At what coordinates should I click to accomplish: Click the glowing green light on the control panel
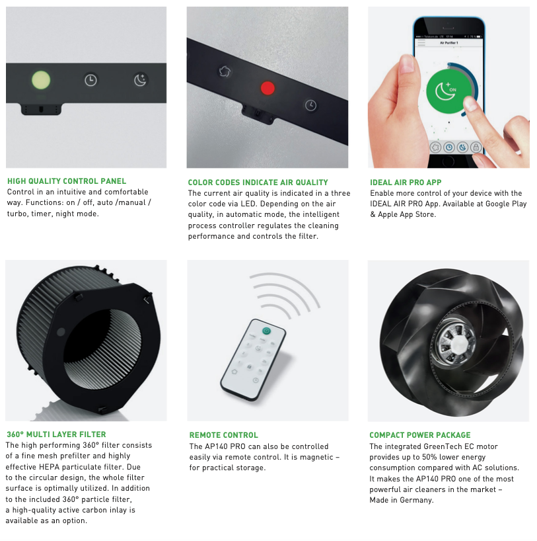click(x=41, y=80)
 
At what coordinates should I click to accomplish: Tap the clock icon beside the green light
click(x=90, y=80)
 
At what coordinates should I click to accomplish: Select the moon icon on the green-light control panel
click(x=140, y=80)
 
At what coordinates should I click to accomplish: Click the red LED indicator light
click(x=268, y=88)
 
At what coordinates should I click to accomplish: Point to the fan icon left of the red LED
click(x=225, y=71)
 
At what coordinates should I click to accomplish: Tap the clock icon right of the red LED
click(x=310, y=105)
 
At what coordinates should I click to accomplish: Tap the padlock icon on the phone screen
click(x=476, y=147)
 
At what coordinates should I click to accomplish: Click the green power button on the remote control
click(x=266, y=331)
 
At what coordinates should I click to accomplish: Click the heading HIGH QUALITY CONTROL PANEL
click(x=67, y=181)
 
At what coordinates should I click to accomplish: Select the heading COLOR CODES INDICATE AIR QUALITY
click(x=258, y=183)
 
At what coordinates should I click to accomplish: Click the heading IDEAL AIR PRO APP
click(x=406, y=183)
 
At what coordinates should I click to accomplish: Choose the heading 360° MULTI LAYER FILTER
click(x=56, y=435)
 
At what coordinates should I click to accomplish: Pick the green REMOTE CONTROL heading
click(x=223, y=435)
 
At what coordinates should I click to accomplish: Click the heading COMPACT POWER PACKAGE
click(x=420, y=435)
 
